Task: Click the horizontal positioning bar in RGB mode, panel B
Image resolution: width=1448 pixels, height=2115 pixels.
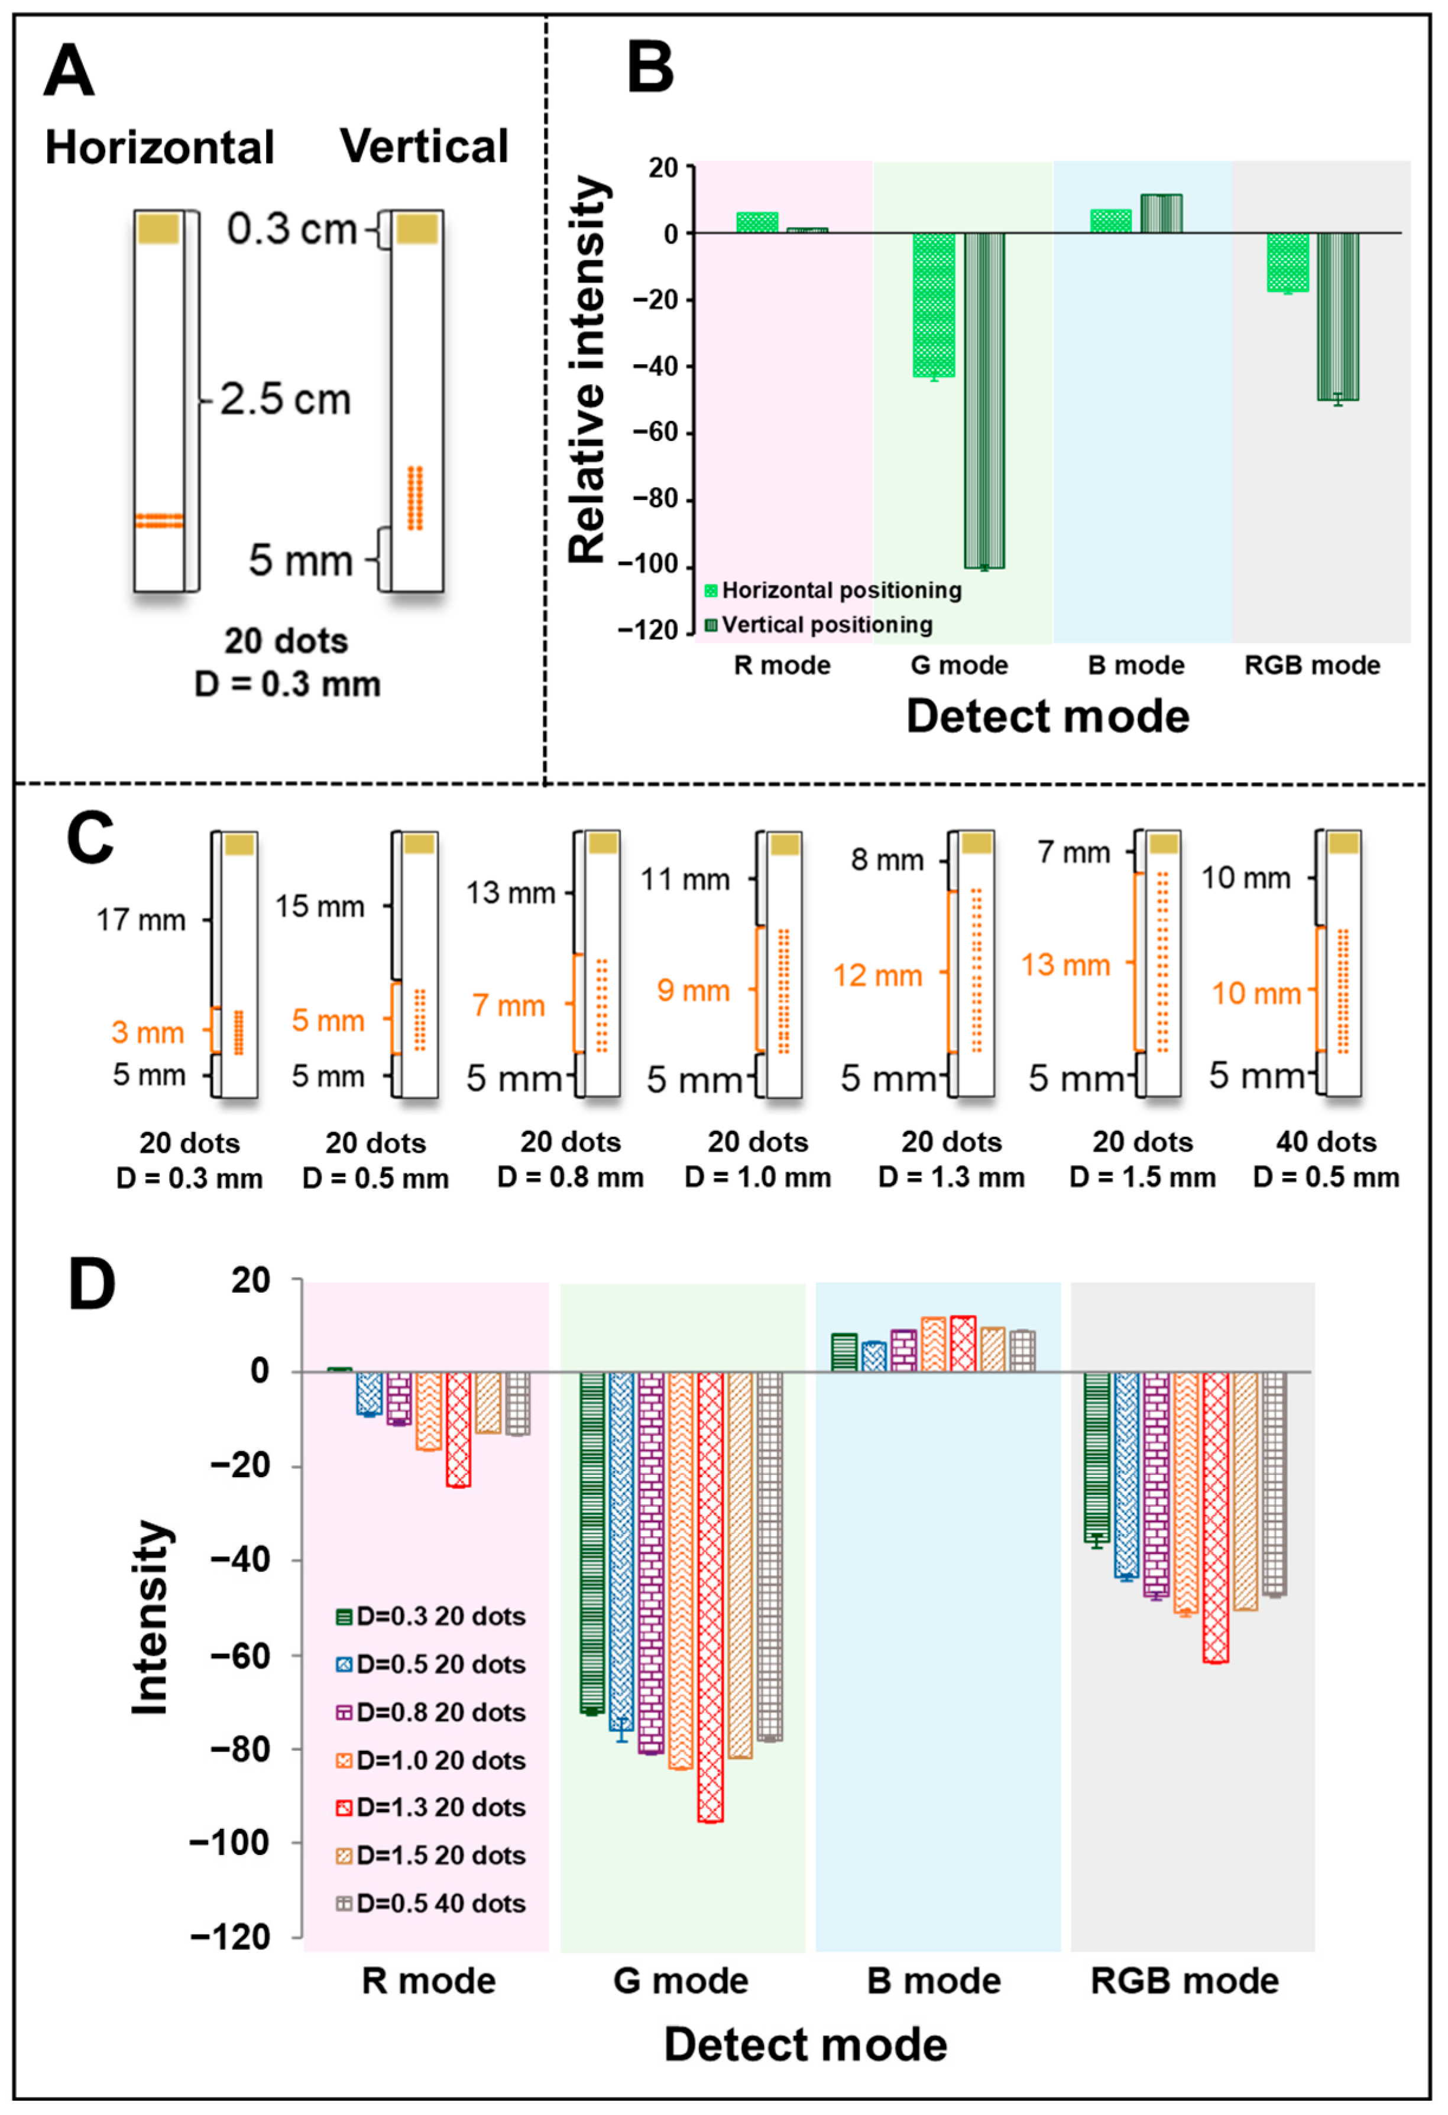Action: [x=1288, y=262]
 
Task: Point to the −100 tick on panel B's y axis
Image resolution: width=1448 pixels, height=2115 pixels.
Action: [x=648, y=565]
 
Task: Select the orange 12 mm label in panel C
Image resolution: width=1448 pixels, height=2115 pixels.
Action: [x=877, y=975]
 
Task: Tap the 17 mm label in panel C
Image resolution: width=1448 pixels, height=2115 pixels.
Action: [x=141, y=920]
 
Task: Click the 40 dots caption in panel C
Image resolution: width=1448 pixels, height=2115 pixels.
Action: [x=1326, y=1141]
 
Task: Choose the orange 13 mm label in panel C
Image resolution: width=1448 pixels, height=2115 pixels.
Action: [x=1065, y=965]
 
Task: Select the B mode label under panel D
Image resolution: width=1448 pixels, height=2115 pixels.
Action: [x=934, y=1981]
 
